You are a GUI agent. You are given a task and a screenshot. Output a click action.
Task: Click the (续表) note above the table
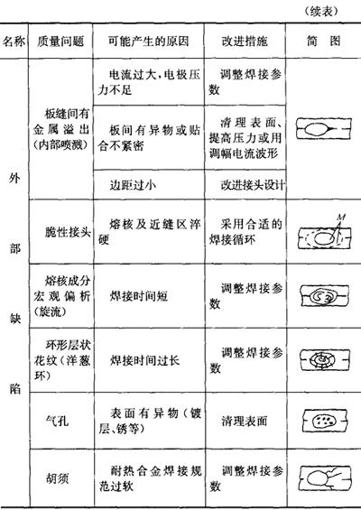(x=321, y=12)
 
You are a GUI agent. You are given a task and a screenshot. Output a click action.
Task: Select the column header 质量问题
(x=60, y=42)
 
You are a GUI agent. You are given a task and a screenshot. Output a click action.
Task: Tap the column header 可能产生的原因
(x=148, y=42)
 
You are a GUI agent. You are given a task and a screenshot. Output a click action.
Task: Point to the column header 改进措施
(x=245, y=42)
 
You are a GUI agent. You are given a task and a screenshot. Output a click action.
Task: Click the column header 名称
(x=14, y=42)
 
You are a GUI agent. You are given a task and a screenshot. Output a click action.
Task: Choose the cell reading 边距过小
(x=133, y=185)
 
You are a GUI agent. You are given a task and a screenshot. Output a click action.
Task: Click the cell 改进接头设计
(x=253, y=185)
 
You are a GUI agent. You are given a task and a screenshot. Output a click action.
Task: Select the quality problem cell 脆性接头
(x=68, y=232)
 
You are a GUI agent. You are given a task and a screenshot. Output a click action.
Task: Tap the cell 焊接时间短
(x=139, y=296)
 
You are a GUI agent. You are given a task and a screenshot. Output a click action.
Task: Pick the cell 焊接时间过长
(x=144, y=360)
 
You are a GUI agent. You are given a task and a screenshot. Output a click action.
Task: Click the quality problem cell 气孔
(x=57, y=421)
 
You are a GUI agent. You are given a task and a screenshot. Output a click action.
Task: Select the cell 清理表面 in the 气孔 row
(x=245, y=421)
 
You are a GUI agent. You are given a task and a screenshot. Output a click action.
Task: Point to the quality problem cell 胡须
(x=57, y=478)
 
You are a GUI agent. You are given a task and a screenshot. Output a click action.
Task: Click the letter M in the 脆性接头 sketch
(x=341, y=217)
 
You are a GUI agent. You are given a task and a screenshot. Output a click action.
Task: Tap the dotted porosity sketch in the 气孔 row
(x=325, y=421)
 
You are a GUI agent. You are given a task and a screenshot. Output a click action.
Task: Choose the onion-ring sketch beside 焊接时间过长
(x=325, y=360)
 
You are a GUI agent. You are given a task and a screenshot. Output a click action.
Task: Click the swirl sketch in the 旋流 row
(x=325, y=296)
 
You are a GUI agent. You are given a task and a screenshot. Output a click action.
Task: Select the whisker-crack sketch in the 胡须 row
(x=325, y=478)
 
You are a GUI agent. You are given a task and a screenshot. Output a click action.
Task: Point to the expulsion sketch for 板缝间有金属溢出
(x=324, y=129)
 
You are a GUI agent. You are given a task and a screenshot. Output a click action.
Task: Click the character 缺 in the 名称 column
(x=14, y=319)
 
